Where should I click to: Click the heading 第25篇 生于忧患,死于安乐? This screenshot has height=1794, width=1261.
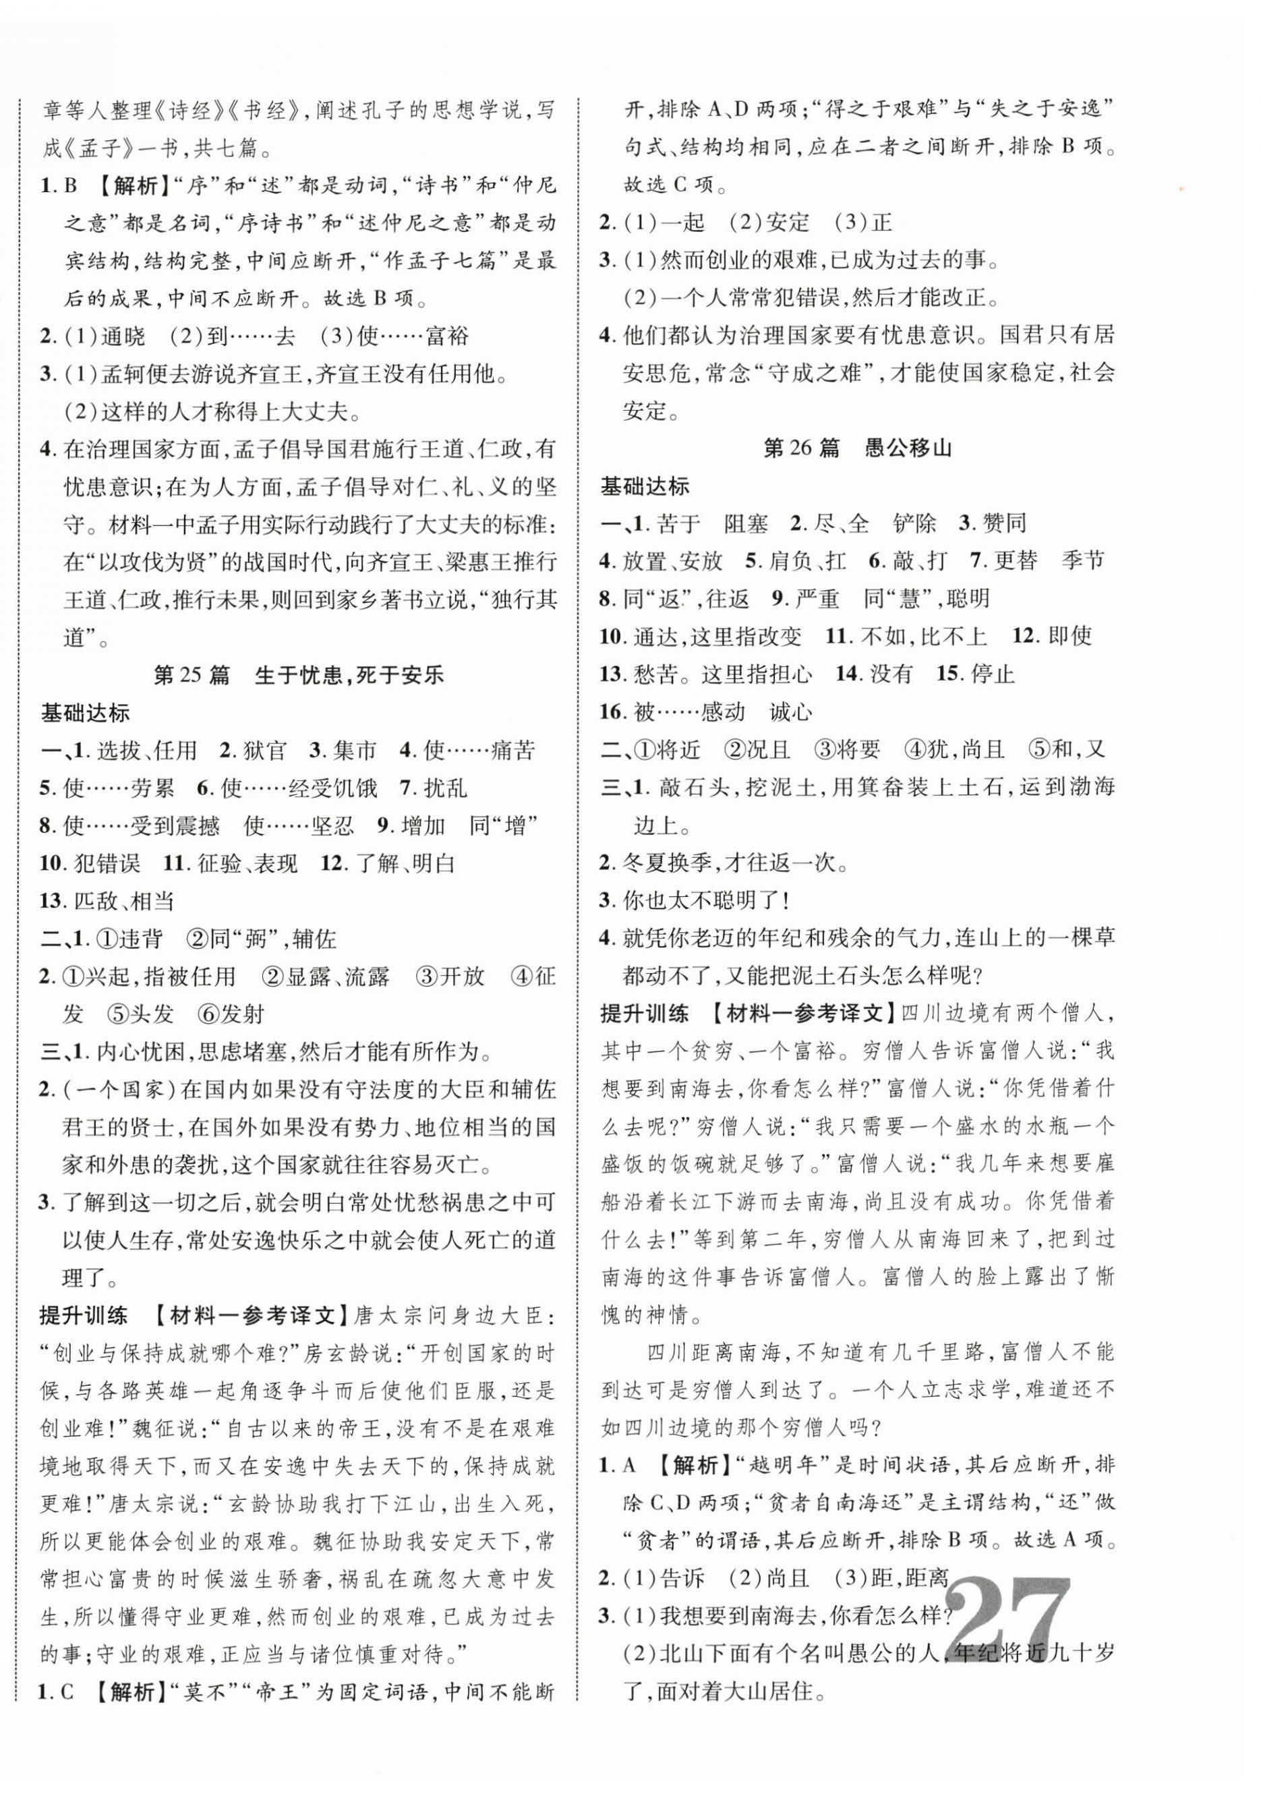click(x=299, y=674)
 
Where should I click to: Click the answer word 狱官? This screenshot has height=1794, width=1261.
click(x=264, y=751)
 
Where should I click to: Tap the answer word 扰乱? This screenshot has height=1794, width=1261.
click(x=444, y=788)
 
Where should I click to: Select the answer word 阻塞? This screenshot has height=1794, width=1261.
click(x=745, y=523)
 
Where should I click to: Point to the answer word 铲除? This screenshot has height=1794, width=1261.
click(x=914, y=523)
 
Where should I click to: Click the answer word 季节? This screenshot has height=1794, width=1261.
click(x=1083, y=560)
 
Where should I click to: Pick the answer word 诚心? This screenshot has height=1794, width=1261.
click(x=791, y=712)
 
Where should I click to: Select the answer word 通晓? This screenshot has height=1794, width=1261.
click(x=123, y=337)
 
